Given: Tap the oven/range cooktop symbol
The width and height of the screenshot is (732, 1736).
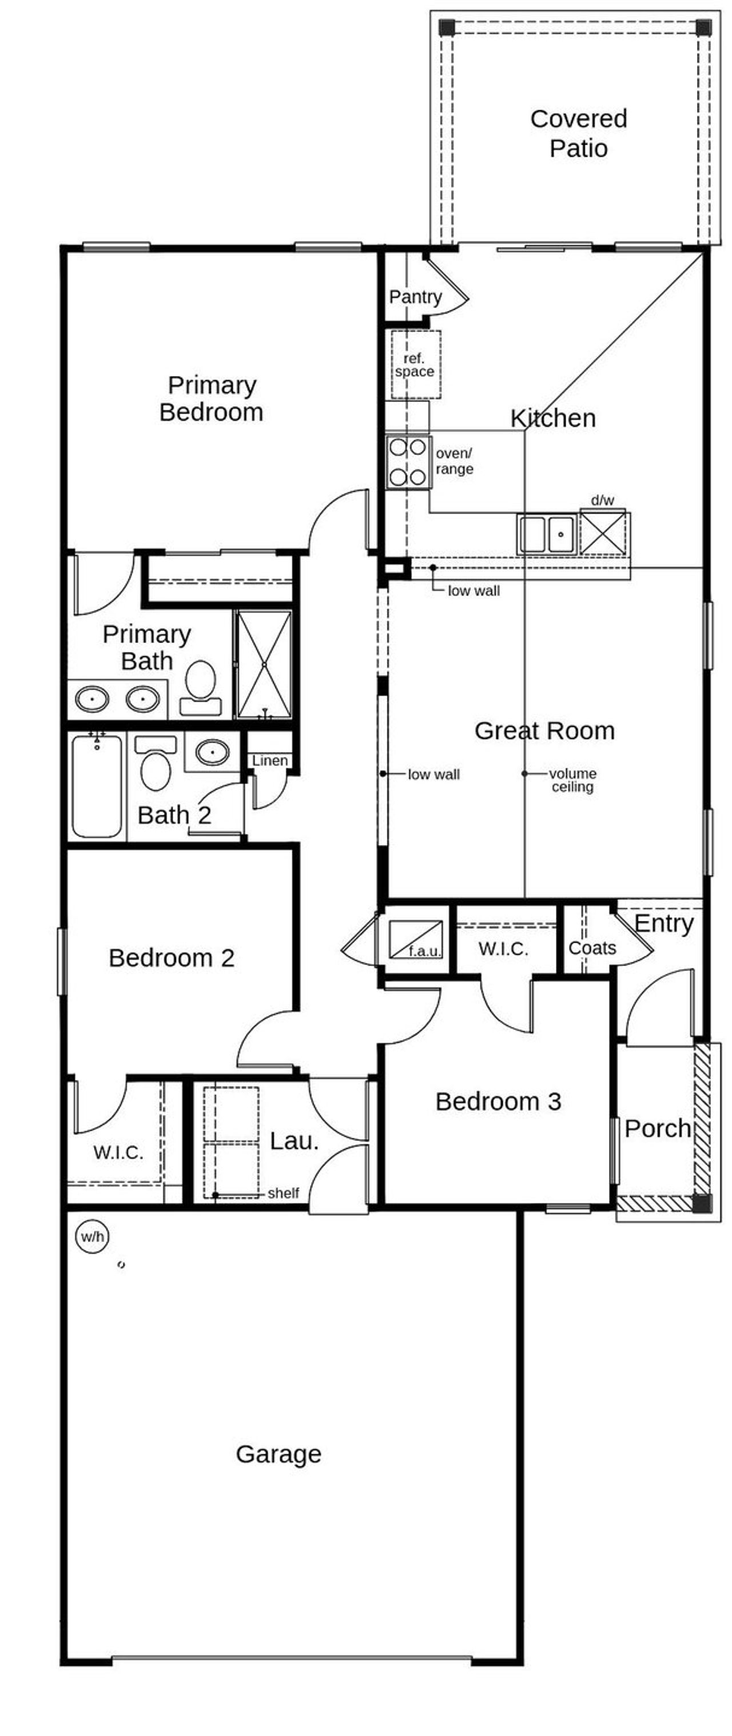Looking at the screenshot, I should (x=408, y=462).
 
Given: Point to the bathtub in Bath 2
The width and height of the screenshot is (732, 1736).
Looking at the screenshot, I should (x=97, y=786).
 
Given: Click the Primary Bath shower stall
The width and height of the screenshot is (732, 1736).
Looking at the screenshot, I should (x=264, y=664).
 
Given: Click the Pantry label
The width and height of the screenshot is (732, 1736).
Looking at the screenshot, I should (x=415, y=297).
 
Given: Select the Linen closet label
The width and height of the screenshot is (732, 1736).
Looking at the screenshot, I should (x=269, y=760).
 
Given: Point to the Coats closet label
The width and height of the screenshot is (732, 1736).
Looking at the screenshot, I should (x=592, y=948).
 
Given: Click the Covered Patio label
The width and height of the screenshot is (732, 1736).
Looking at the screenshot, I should (x=578, y=133).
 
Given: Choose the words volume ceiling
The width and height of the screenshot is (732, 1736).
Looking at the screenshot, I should (x=572, y=780).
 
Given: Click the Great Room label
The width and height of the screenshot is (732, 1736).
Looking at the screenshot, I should (x=544, y=731).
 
